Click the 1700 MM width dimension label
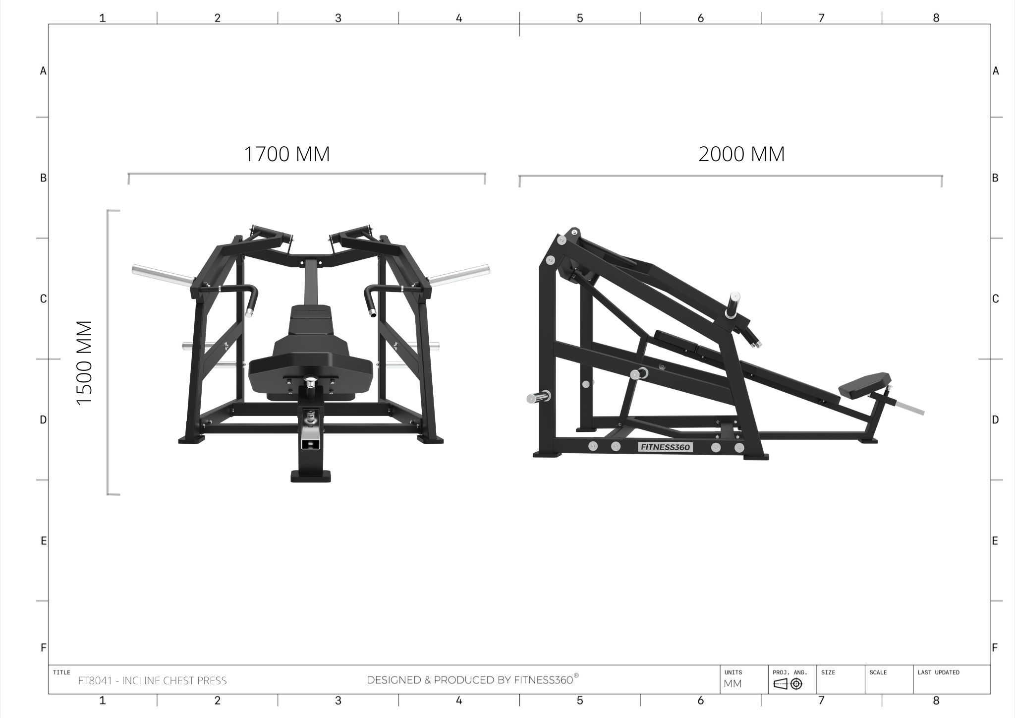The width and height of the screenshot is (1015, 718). pyautogui.click(x=286, y=154)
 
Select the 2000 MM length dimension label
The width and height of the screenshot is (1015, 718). pyautogui.click(x=741, y=154)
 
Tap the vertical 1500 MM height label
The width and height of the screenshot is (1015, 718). pyautogui.click(x=85, y=362)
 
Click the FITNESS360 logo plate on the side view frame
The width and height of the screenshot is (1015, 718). pyautogui.click(x=665, y=447)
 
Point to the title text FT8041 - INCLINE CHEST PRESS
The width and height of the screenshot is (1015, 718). pyautogui.click(x=152, y=681)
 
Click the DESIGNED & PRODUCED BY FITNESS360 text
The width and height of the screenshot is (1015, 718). pyautogui.click(x=472, y=679)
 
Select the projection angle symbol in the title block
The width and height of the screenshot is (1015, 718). pyautogui.click(x=788, y=684)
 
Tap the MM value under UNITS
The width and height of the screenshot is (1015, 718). pyautogui.click(x=733, y=684)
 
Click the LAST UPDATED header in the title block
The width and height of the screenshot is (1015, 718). pyautogui.click(x=938, y=672)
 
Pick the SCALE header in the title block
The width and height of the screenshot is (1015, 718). pyautogui.click(x=878, y=672)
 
